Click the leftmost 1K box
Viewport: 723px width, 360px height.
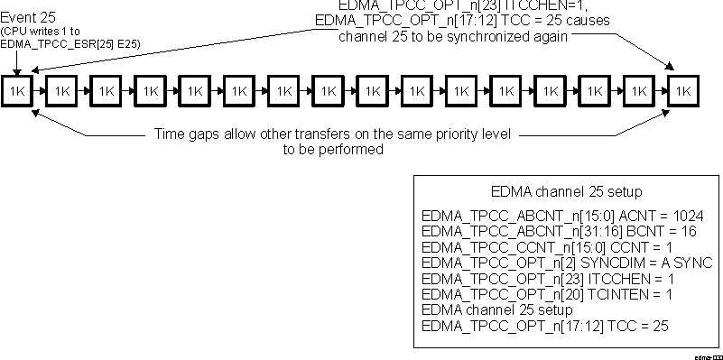point(17,90)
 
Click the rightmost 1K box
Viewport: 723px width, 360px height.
point(684,90)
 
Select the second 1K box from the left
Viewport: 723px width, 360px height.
point(61,90)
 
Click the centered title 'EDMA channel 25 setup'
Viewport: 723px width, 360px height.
point(567,192)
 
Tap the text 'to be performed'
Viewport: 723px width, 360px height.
point(334,149)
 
